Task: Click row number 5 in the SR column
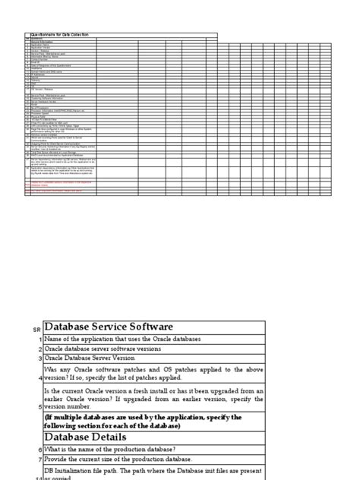pyautogui.click(x=38, y=406)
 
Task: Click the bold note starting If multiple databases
pyautogui.click(x=143, y=422)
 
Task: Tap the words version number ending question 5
pyautogui.click(x=77, y=406)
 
